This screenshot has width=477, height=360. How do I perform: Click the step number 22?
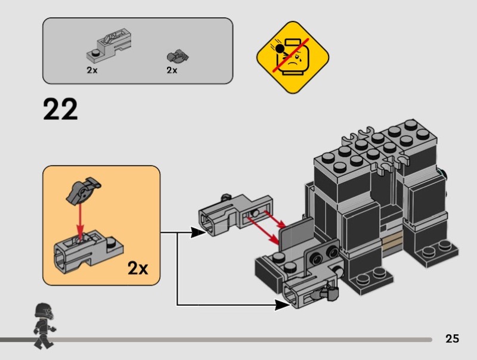[x=60, y=110]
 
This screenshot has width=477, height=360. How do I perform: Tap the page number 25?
[x=452, y=339]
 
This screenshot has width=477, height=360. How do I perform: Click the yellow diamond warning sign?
[x=292, y=58]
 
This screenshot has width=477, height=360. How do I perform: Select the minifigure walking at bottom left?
[x=42, y=324]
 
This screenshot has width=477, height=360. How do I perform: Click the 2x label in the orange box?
[x=138, y=268]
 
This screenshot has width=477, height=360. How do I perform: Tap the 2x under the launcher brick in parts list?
[x=91, y=70]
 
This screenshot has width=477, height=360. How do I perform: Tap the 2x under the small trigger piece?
[x=172, y=70]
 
